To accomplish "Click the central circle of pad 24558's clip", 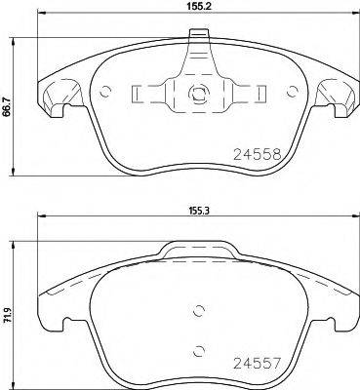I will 196,96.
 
